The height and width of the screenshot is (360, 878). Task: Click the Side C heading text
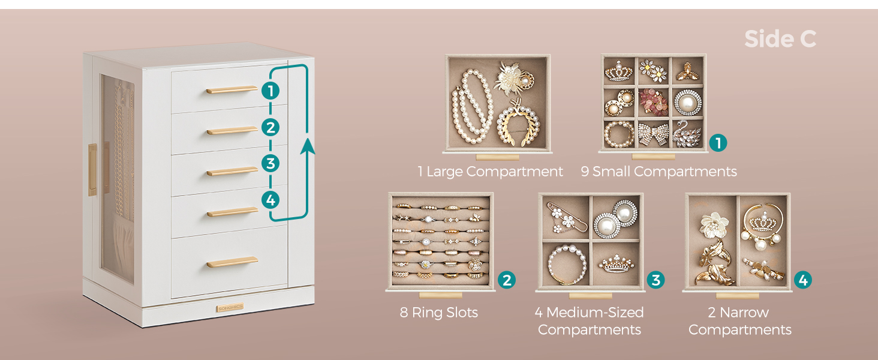[x=780, y=39]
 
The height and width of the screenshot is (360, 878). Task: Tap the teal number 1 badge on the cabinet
[x=270, y=91]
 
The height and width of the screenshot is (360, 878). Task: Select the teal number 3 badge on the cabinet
[x=270, y=163]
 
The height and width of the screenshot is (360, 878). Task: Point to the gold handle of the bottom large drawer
[x=233, y=262]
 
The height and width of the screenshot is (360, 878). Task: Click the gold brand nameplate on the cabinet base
[x=230, y=308]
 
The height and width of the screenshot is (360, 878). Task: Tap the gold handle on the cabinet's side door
[x=92, y=169]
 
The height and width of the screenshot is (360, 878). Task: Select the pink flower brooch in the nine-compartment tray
[x=653, y=102]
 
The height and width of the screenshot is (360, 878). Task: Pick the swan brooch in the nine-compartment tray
[x=687, y=134]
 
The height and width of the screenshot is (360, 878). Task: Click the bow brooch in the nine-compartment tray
[x=653, y=134]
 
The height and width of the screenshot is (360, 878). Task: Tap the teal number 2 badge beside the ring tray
[x=507, y=280]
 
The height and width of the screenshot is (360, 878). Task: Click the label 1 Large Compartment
[x=490, y=172]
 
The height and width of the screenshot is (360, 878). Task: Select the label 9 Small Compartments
[x=659, y=172]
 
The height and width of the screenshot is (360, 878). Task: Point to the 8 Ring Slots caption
[x=438, y=313]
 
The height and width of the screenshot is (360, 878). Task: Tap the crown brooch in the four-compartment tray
[x=616, y=263]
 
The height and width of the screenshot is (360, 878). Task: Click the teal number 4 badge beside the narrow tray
[x=803, y=280]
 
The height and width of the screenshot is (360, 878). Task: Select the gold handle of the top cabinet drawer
[x=231, y=90]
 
